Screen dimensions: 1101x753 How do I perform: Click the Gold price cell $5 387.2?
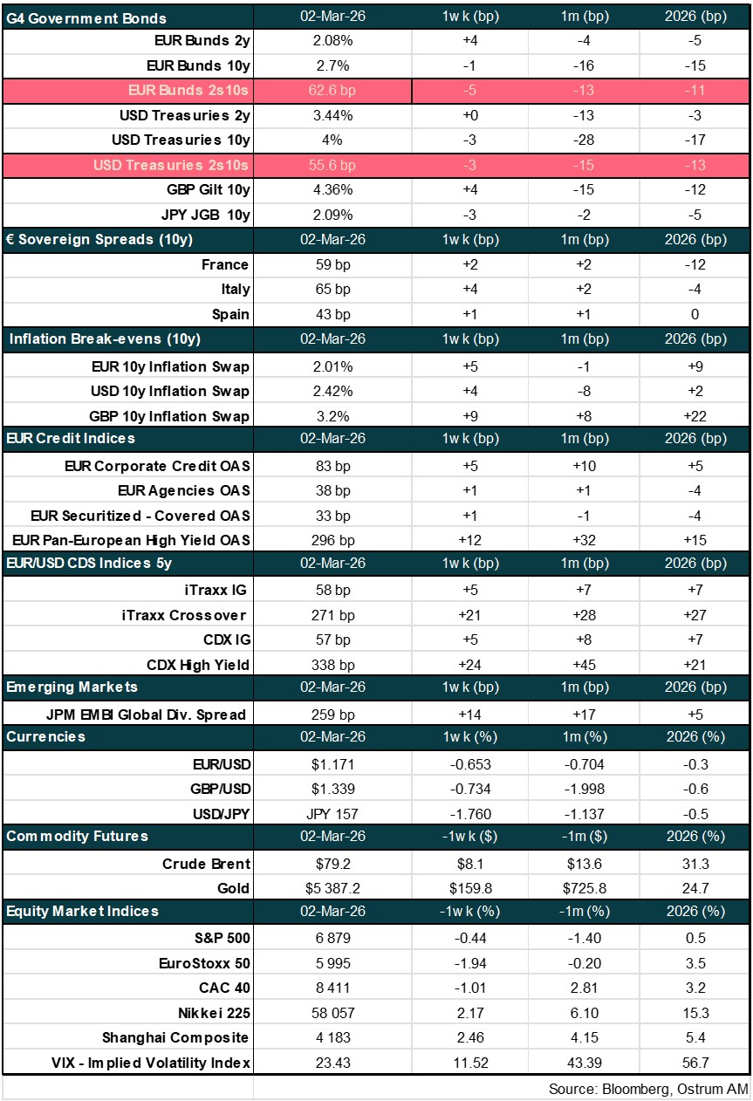[x=332, y=889]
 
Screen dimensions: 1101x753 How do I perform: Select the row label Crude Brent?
[x=206, y=864]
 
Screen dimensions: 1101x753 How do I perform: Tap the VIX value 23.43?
[x=332, y=1063]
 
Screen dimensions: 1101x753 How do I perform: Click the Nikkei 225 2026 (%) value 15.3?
[x=695, y=1013]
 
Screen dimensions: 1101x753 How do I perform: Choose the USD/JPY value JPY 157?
[x=332, y=814]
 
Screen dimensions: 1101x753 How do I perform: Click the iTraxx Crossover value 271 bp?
[x=332, y=615]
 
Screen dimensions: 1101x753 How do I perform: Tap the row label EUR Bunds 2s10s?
[x=188, y=90]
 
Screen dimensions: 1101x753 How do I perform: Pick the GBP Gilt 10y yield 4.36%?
[x=332, y=189]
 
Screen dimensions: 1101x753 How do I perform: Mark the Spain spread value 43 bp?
[x=332, y=314]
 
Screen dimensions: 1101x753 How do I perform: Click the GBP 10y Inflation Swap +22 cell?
[x=695, y=416]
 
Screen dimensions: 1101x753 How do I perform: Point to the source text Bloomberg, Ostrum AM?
[x=647, y=1089]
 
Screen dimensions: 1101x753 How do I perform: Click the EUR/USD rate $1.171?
[x=332, y=764]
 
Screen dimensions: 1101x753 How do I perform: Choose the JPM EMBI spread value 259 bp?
[x=332, y=715]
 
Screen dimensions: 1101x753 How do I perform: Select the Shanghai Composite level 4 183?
[x=332, y=1038]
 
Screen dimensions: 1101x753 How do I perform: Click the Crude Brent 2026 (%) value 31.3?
[x=695, y=864]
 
